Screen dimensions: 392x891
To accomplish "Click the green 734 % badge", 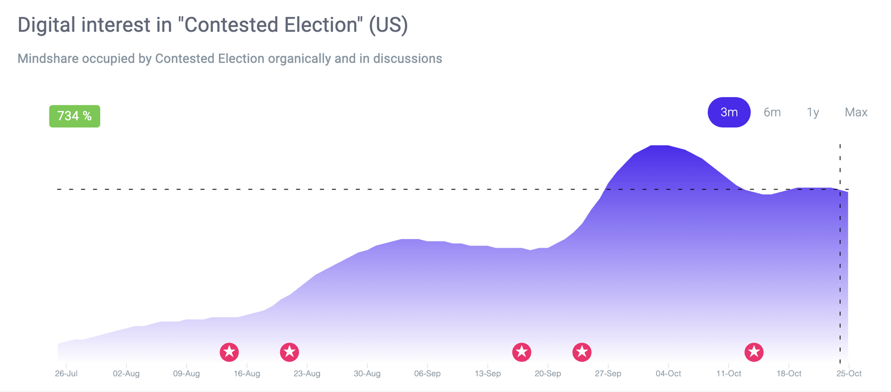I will [x=75, y=116].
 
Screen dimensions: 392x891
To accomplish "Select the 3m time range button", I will [x=729, y=112].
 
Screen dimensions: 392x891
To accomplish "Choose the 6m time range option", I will [x=772, y=112].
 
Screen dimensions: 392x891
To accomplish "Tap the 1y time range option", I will [x=813, y=112].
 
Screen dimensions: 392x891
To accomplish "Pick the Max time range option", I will [x=856, y=112].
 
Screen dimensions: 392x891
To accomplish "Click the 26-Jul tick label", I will [x=66, y=374].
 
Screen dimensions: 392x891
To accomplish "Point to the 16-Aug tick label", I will [x=247, y=374].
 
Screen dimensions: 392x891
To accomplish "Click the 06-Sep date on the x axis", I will [x=427, y=374].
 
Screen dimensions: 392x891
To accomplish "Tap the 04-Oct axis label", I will [x=668, y=374].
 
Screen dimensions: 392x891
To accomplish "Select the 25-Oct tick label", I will [x=849, y=374].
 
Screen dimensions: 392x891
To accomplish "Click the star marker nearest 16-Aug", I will [x=229, y=352].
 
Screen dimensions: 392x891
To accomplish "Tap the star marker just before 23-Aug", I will [x=290, y=352].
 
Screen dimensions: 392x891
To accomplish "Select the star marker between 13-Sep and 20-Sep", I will [x=522, y=352].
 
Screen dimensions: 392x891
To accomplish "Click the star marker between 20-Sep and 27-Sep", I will [x=582, y=352].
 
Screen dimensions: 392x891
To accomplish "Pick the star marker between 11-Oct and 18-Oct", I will [x=754, y=352].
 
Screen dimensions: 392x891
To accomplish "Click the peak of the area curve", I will [x=659, y=146].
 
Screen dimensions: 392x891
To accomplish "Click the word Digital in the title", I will [x=46, y=25].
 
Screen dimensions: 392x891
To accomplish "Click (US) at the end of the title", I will [x=388, y=25].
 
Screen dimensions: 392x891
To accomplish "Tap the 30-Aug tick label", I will [x=367, y=374].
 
